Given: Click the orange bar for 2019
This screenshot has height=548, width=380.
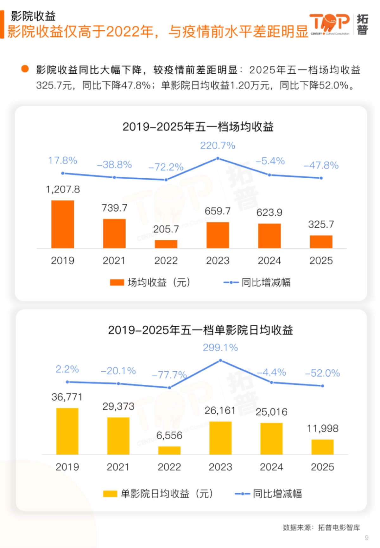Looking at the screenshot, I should coord(63,224).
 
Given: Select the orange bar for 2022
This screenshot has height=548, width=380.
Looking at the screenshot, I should coord(166,244).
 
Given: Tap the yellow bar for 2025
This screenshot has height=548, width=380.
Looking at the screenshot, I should coord(322,447).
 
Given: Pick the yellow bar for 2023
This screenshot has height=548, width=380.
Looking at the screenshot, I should coord(220,438).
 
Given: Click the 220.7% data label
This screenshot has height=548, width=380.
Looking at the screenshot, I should coord(218,145).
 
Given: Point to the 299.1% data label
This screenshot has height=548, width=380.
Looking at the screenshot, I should coord(220,348).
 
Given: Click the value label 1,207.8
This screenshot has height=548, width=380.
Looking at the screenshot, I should coord(63,189).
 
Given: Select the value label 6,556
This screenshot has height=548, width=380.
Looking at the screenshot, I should coord(169,435).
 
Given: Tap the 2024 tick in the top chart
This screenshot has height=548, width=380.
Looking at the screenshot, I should coord(269,261).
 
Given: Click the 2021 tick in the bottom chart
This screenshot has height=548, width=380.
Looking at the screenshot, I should coord(118,467).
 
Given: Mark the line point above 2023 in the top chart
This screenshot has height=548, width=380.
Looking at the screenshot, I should coord(218,158).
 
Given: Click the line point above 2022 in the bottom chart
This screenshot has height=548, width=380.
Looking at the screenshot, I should coord(169,388).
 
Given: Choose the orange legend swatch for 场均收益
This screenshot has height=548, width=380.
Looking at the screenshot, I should coord(117,282).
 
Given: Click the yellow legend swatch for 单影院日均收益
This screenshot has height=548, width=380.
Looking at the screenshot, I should coord(110,494).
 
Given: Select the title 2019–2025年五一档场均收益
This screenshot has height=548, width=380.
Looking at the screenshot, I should coord(198,127).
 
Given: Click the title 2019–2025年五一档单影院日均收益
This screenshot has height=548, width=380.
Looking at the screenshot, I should coord(200,330).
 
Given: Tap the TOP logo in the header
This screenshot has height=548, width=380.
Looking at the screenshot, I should coord(329,24).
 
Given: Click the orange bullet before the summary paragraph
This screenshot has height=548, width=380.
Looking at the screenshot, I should coord(25,69).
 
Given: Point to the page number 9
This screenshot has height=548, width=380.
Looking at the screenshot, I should coord(367,538).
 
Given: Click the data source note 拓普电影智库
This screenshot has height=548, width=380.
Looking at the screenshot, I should coord(339,527).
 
